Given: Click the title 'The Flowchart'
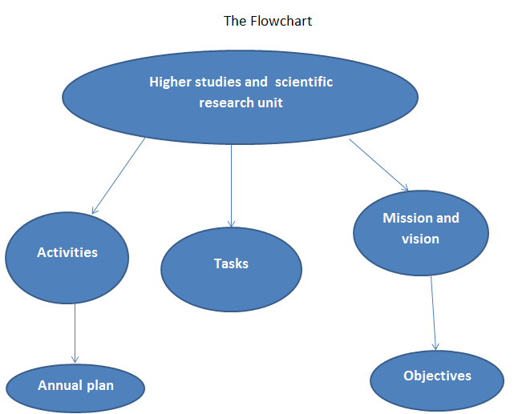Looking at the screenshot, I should point(267,21).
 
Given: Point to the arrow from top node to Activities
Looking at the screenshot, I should point(119,175).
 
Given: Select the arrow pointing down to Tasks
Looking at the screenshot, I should point(231,184).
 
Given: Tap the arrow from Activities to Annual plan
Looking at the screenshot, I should point(75,332).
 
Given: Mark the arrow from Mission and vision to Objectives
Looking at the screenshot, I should point(433,312).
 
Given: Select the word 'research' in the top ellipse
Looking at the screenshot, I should point(225,102).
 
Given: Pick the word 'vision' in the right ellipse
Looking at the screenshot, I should point(420,238).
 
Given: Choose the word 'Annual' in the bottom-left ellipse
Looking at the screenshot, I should point(59,385).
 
